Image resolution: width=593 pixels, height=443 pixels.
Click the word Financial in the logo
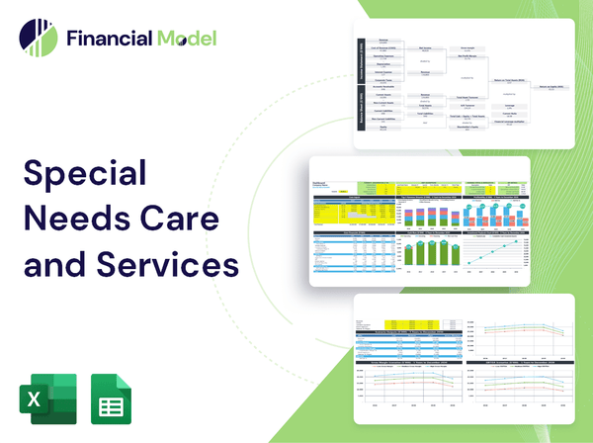108,39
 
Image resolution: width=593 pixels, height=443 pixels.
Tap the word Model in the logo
185,39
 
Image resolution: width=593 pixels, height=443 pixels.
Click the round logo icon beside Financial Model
37,39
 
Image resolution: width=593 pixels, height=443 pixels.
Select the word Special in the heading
84,174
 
